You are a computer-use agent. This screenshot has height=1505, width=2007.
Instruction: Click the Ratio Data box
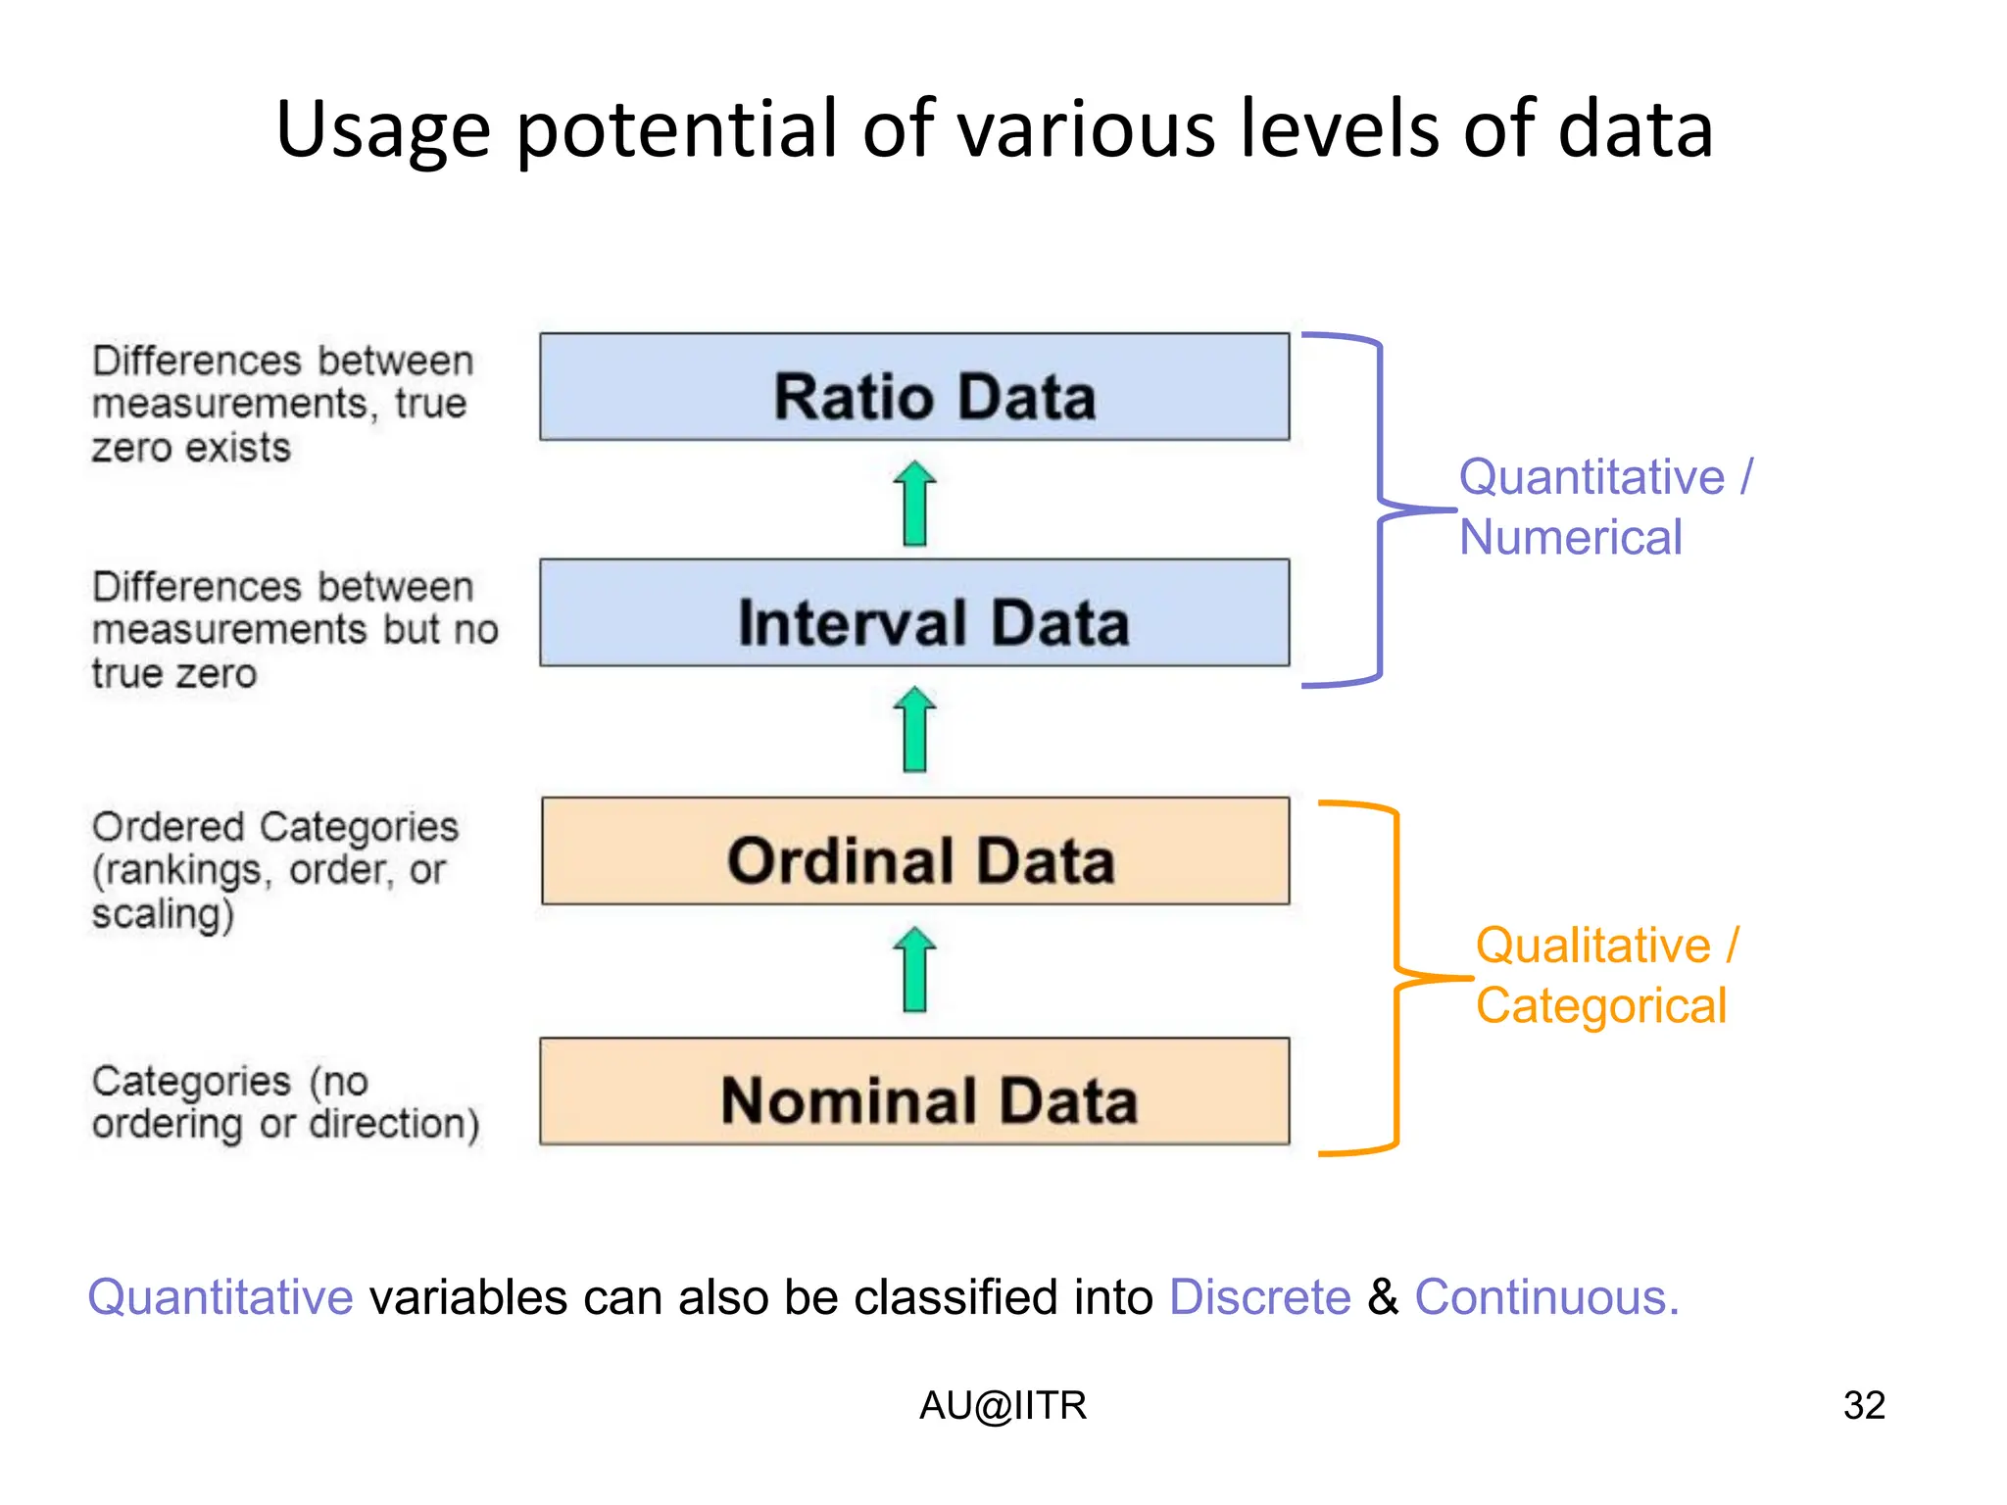pyautogui.click(x=914, y=387)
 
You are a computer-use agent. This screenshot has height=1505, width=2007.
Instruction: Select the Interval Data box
pyautogui.click(x=914, y=613)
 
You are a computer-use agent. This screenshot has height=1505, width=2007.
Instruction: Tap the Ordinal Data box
pyautogui.click(x=915, y=851)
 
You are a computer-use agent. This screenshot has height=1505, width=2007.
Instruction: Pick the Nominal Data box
pyautogui.click(x=914, y=1092)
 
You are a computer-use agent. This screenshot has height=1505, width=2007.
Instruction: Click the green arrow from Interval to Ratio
pyautogui.click(x=915, y=503)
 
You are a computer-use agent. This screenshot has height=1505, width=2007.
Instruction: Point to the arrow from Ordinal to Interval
pyautogui.click(x=915, y=729)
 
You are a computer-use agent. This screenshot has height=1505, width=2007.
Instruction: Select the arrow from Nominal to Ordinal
pyautogui.click(x=915, y=969)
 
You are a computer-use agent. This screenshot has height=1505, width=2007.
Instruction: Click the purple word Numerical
pyautogui.click(x=1570, y=538)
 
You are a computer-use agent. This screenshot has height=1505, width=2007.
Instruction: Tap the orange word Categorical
pyautogui.click(x=1600, y=1006)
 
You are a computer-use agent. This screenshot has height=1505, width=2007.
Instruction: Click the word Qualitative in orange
pyautogui.click(x=1592, y=946)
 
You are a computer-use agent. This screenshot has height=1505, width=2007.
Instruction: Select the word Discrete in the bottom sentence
pyautogui.click(x=1260, y=1297)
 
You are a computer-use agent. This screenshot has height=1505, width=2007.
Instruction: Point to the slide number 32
pyautogui.click(x=1864, y=1405)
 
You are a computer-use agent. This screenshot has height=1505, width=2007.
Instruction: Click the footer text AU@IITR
pyautogui.click(x=1003, y=1405)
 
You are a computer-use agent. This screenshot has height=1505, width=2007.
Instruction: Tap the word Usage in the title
pyautogui.click(x=382, y=130)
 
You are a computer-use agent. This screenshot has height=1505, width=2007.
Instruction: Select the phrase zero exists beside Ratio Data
pyautogui.click(x=192, y=448)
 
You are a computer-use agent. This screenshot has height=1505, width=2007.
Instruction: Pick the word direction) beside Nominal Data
pyautogui.click(x=394, y=1124)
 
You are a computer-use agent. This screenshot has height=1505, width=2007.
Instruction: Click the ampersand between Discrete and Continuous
pyautogui.click(x=1383, y=1297)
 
